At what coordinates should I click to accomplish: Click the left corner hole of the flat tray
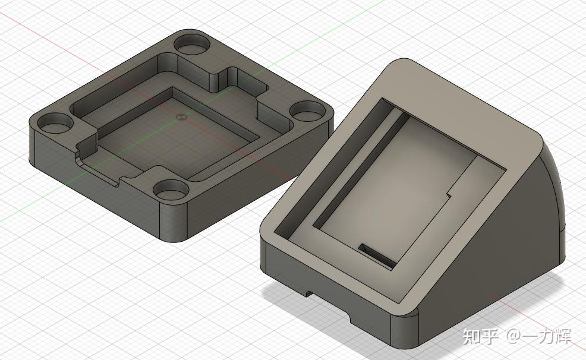(54, 124)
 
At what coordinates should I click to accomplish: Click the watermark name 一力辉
(546, 336)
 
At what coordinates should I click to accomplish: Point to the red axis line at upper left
(36, 30)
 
